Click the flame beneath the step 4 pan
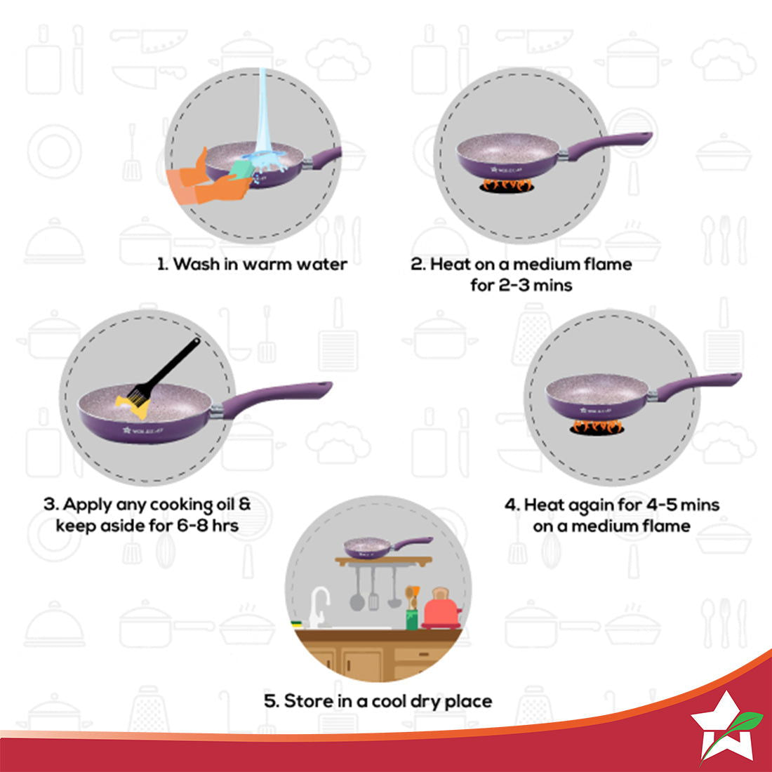(597, 426)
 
